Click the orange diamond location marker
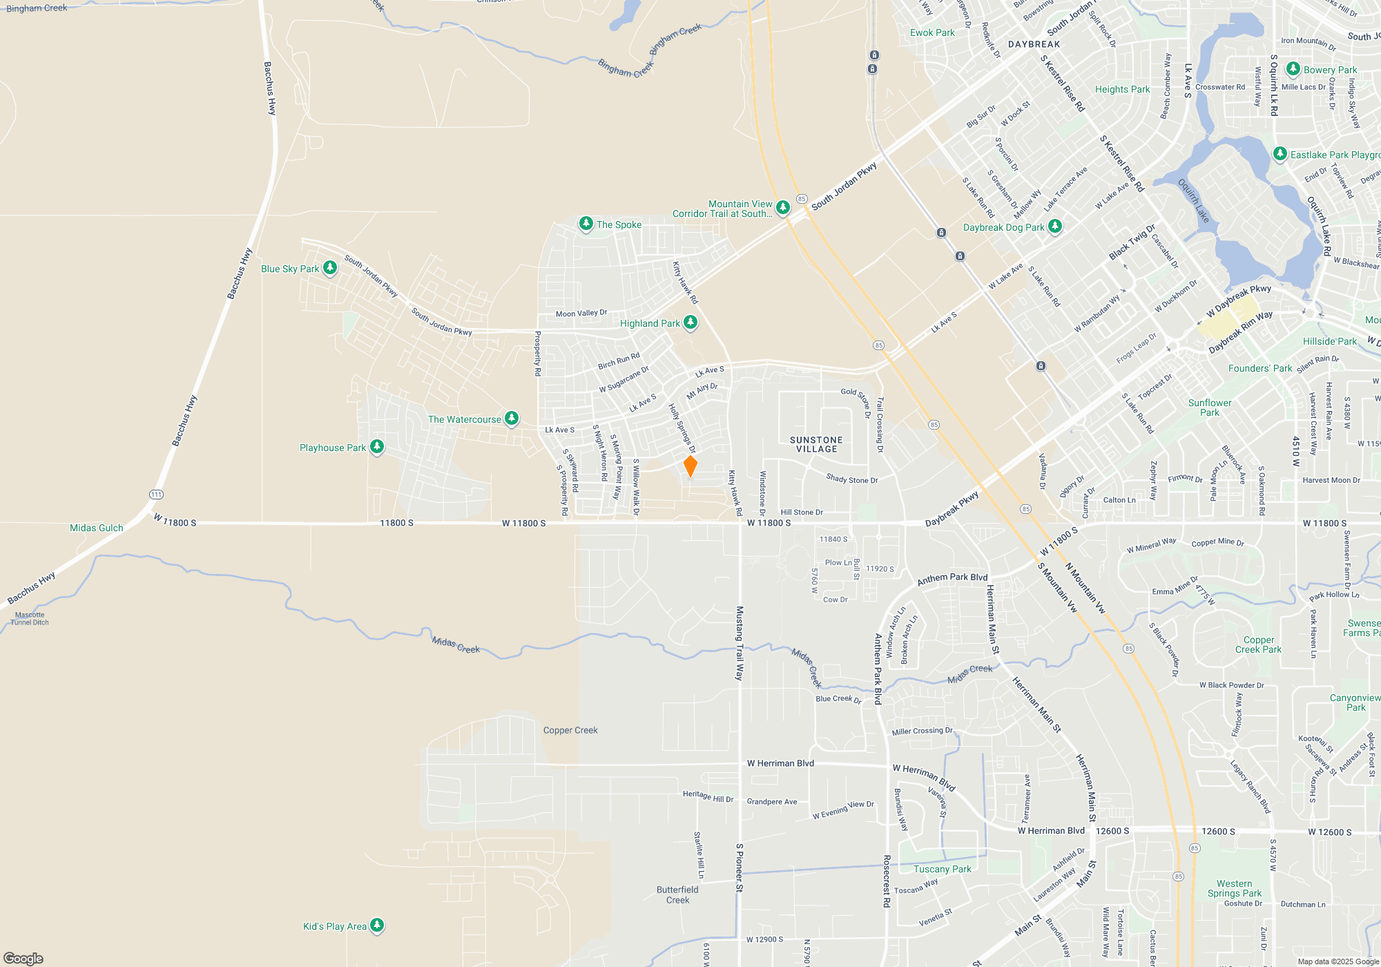pyautogui.click(x=690, y=466)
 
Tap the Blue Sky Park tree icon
pyautogui.click(x=330, y=268)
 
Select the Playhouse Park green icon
pyautogui.click(x=377, y=447)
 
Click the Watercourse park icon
pyautogui.click(x=512, y=419)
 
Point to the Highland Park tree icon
pyautogui.click(x=690, y=323)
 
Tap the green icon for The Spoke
pyautogui.click(x=586, y=224)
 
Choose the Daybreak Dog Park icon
pyautogui.click(x=1054, y=227)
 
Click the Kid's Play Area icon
pyautogui.click(x=377, y=926)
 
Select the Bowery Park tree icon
pyautogui.click(x=1293, y=69)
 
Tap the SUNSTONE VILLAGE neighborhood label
pyautogui.click(x=816, y=444)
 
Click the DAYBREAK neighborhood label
pyautogui.click(x=1034, y=44)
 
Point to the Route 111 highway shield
pyautogui.click(x=156, y=495)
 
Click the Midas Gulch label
pyautogui.click(x=97, y=528)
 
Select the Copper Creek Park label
pyautogui.click(x=1258, y=644)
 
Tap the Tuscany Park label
pyautogui.click(x=942, y=869)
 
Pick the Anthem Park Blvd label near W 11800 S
pyautogui.click(x=952, y=579)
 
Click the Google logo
pyautogui.click(x=23, y=958)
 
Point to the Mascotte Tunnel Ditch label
pyautogui.click(x=30, y=618)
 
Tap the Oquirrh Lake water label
pyautogui.click(x=1193, y=201)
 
